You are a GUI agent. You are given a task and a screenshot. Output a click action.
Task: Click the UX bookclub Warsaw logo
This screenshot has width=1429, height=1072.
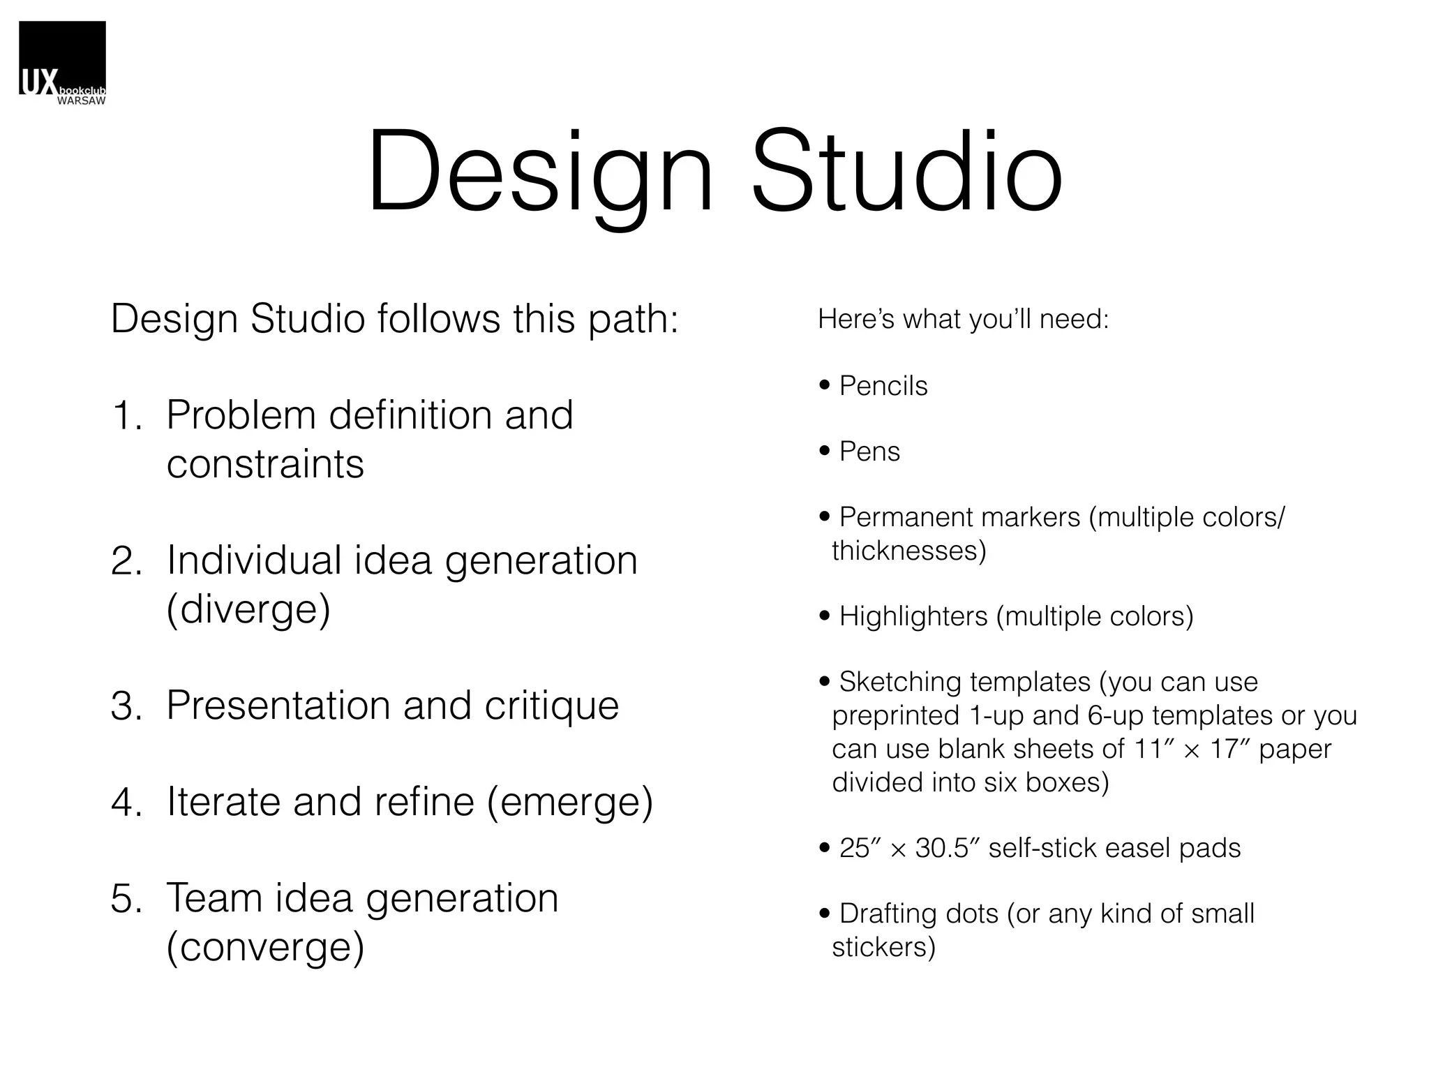coord(62,63)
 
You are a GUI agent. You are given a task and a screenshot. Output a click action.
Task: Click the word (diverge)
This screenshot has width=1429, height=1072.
coord(248,609)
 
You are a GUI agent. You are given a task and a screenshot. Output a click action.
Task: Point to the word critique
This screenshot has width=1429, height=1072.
coord(551,706)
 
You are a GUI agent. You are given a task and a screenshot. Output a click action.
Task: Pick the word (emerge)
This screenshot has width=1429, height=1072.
coord(570,802)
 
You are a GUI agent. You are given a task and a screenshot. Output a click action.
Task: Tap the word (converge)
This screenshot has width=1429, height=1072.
coord(265,947)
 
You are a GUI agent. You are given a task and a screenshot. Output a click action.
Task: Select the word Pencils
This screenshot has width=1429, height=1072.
coord(883,386)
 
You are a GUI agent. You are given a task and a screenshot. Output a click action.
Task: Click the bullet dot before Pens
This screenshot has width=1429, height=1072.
coord(825,452)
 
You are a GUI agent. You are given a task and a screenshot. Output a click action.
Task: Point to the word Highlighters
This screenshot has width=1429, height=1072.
coord(913,616)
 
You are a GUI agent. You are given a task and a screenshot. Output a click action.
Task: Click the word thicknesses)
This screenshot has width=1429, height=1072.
coord(908,551)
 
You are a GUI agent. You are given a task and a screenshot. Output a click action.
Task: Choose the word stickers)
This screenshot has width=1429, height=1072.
coord(883,947)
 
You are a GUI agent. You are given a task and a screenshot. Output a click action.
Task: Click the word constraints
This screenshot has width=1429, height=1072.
coord(265,465)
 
